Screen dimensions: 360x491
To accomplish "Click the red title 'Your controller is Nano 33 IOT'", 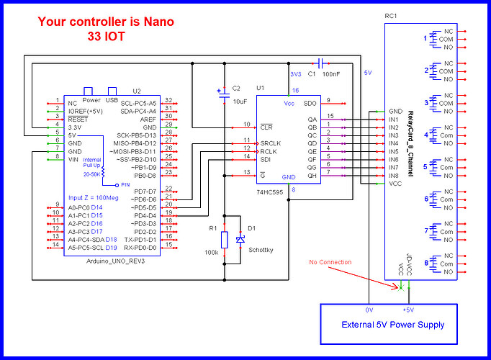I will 106,27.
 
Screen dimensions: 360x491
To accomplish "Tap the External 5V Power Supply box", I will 392,324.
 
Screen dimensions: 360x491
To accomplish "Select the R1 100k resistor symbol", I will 224,240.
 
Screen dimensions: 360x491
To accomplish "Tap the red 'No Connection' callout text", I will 331,261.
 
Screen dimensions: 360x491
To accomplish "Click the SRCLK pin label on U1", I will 271,143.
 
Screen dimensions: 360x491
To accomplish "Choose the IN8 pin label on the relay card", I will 394,175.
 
